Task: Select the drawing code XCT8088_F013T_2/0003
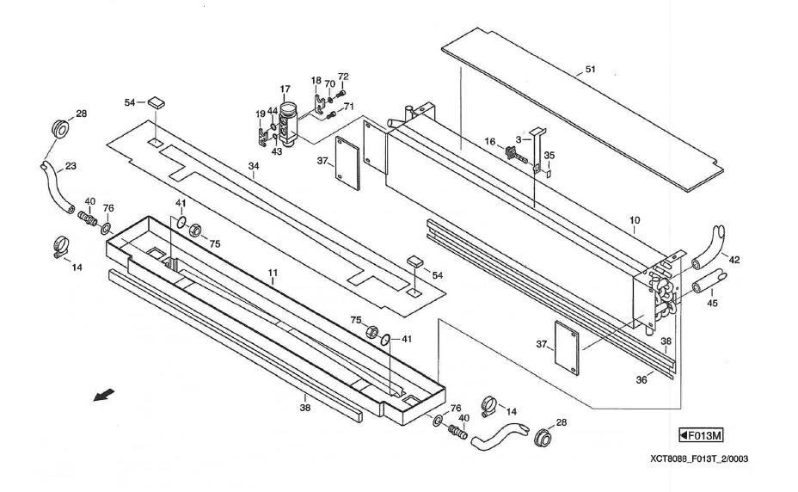coord(699,458)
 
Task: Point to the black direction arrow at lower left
coord(103,394)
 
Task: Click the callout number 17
coord(285,89)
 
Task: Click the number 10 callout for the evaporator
coord(635,221)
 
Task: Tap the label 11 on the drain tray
coord(273,274)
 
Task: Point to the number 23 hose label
coord(71,168)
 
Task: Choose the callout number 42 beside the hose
coord(734,259)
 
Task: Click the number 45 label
coord(713,302)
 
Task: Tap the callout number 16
coord(490,141)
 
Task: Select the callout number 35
coord(549,156)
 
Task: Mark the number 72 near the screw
coord(343,77)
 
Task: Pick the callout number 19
coord(260,114)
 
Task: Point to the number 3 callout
coord(519,138)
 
